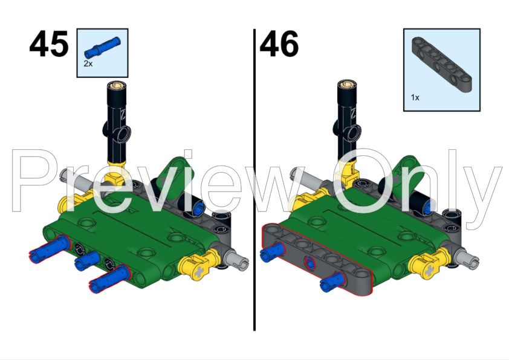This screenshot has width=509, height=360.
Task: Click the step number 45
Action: (x=48, y=45)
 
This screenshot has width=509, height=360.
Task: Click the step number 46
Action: (x=279, y=45)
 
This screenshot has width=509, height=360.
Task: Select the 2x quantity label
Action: (x=88, y=63)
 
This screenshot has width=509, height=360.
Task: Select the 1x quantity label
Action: (x=415, y=96)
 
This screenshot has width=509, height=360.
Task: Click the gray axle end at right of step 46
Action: (x=468, y=261)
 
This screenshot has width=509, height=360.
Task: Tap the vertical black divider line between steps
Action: (x=254, y=181)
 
